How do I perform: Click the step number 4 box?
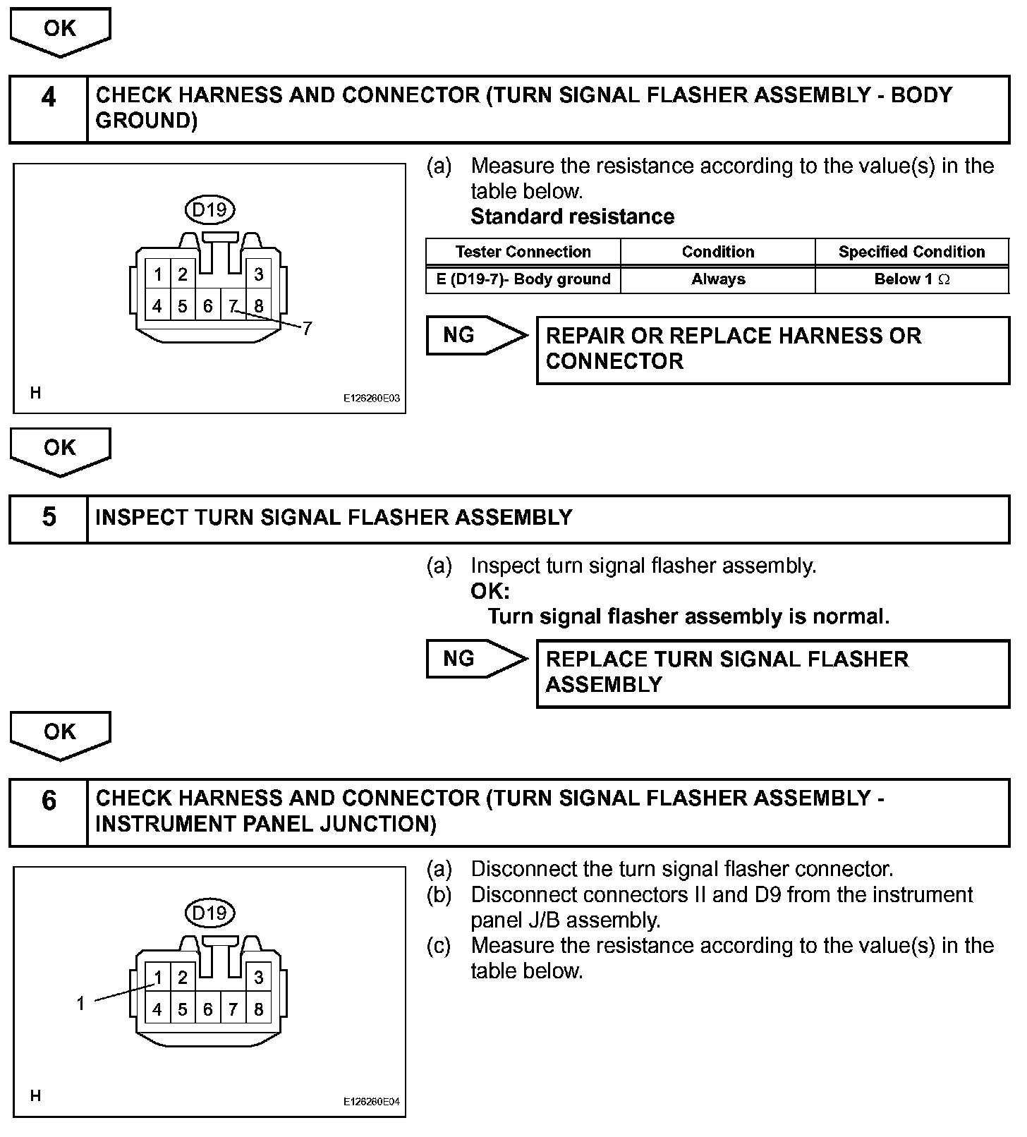pyautogui.click(x=48, y=109)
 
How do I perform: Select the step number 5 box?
pyautogui.click(x=48, y=518)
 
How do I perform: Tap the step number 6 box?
pyautogui.click(x=48, y=812)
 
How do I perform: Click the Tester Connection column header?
pyautogui.click(x=523, y=252)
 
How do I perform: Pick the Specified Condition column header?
pyautogui.click(x=911, y=252)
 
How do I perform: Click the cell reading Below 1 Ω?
pyautogui.click(x=911, y=279)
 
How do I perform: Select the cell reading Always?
pyautogui.click(x=717, y=279)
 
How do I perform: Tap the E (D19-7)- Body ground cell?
pyautogui.click(x=523, y=279)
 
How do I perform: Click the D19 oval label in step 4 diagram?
pyautogui.click(x=209, y=209)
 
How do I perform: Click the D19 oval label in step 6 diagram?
pyautogui.click(x=209, y=913)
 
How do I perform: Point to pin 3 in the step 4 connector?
pyautogui.click(x=259, y=274)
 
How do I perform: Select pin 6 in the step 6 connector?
pyautogui.click(x=207, y=1009)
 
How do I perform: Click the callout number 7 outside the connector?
pyautogui.click(x=307, y=329)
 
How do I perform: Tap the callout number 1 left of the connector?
pyautogui.click(x=81, y=1003)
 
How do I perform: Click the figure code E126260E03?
pyautogui.click(x=371, y=399)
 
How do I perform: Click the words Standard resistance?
pyautogui.click(x=572, y=217)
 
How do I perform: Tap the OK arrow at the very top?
pyautogui.click(x=60, y=30)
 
